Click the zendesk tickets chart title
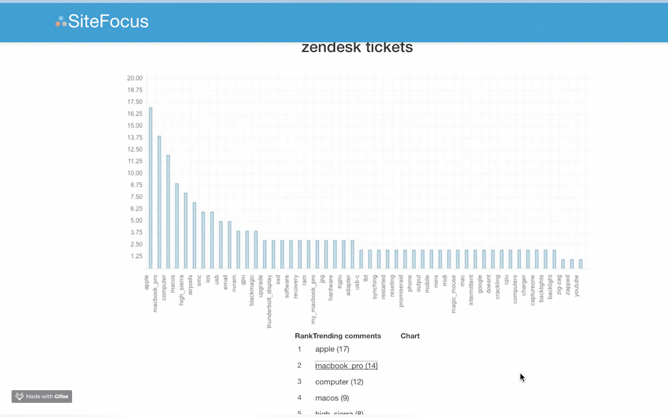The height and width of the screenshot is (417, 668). pos(357,48)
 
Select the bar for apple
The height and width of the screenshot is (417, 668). pos(150,187)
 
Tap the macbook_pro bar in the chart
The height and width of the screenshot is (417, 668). pos(159,202)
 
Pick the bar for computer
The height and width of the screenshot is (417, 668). pos(168,212)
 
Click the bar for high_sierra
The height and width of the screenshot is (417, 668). pos(186,231)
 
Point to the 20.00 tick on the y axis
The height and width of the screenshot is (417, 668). pos(134,78)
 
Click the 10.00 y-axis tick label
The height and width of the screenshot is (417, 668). pos(134,173)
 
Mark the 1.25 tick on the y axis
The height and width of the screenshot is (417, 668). pos(136,256)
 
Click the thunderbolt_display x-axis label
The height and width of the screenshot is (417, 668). pos(269,301)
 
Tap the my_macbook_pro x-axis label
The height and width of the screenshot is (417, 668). pos(313,299)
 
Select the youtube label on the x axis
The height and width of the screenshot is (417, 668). pos(576,286)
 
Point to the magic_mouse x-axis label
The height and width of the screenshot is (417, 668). pos(453,294)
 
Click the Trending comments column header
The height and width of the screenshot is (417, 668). pos(347,336)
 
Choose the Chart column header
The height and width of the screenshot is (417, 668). pos(410,336)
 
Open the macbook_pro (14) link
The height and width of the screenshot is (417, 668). pos(346,366)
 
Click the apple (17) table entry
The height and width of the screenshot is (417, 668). pos(332,349)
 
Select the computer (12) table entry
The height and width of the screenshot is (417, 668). pos(339,382)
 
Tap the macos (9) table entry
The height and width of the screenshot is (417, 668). pos(332,398)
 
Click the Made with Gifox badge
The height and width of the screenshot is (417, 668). pos(42,396)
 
